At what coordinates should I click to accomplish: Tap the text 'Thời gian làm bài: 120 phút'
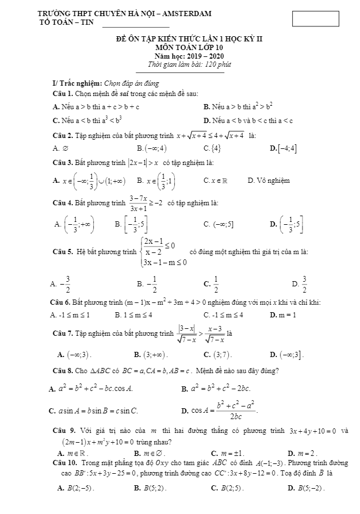pos(180,64)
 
